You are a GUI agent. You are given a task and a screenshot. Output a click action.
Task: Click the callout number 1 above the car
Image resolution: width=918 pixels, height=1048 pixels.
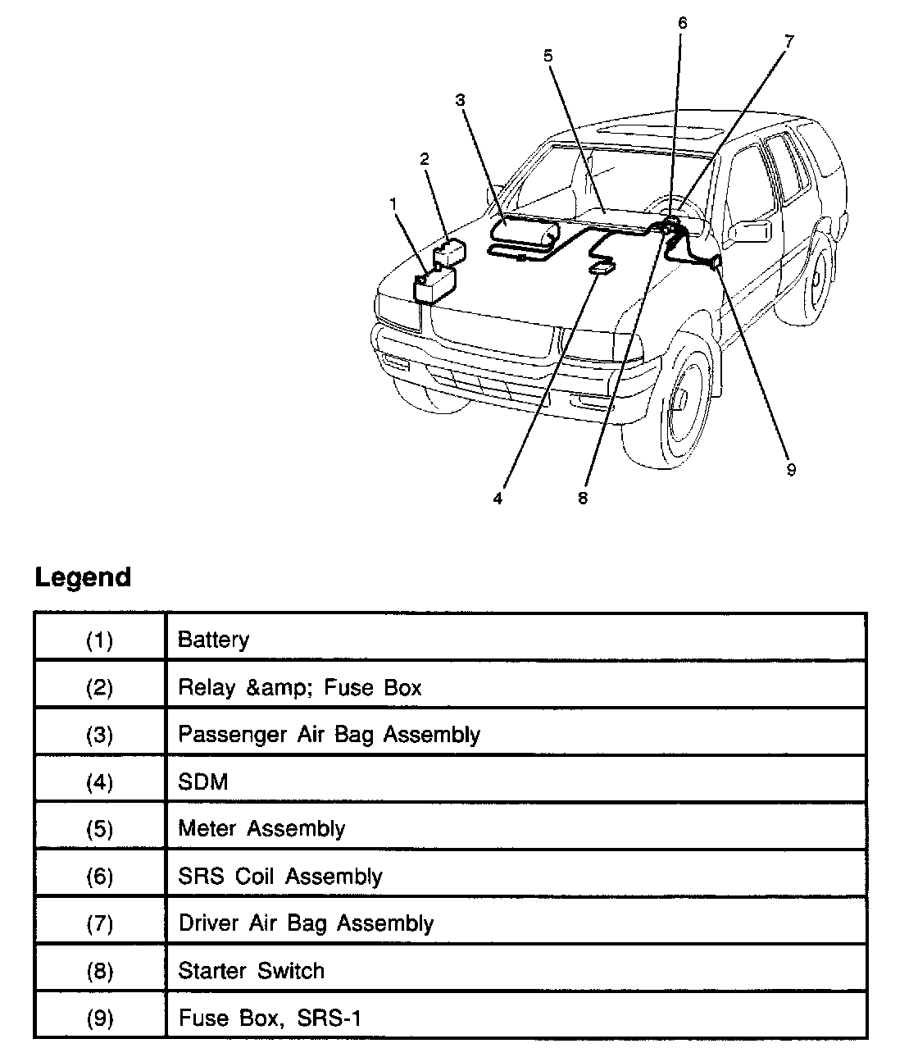click(393, 201)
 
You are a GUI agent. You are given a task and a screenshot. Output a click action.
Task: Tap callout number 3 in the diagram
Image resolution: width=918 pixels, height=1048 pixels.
click(460, 100)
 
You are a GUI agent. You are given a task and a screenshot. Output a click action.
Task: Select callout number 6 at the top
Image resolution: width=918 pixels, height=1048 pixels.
click(682, 23)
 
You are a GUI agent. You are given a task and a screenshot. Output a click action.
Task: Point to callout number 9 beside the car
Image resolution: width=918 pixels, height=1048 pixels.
click(790, 470)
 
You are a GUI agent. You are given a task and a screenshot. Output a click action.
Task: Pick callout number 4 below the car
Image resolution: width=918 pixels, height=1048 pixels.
click(498, 498)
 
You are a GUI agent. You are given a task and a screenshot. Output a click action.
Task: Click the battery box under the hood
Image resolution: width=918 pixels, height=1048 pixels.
click(434, 288)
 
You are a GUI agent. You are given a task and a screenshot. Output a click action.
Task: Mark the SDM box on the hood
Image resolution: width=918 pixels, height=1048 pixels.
click(602, 267)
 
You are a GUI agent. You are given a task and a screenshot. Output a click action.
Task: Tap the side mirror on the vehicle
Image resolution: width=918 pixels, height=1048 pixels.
click(750, 230)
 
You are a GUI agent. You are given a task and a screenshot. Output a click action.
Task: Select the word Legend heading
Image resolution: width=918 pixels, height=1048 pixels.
click(83, 577)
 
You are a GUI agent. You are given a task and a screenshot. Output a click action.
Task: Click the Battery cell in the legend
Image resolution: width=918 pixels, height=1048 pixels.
click(213, 640)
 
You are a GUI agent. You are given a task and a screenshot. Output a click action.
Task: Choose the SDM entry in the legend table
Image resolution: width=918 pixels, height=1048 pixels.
click(202, 781)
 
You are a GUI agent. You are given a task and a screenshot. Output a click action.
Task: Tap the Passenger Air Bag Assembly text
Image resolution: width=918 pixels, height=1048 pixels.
click(329, 734)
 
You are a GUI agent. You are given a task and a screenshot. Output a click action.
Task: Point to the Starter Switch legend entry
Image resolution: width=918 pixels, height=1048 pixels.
click(251, 971)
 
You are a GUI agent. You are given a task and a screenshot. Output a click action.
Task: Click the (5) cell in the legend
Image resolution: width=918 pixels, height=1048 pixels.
click(99, 829)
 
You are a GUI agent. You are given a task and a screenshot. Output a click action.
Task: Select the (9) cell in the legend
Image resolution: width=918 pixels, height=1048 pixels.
click(99, 1018)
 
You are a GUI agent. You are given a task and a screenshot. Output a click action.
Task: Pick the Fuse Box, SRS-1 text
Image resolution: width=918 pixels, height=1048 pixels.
click(270, 1018)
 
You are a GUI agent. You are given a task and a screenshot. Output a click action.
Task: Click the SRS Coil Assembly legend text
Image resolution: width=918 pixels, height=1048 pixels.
click(280, 877)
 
